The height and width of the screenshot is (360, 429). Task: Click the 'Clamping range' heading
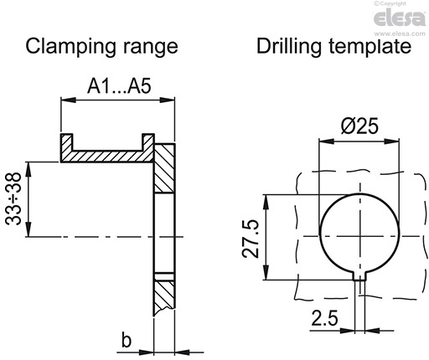click(101, 46)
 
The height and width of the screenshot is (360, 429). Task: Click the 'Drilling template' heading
click(333, 46)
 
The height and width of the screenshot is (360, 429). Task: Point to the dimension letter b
click(126, 340)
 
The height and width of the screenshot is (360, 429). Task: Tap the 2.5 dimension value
click(324, 319)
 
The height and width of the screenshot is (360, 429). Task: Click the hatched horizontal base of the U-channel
click(105, 157)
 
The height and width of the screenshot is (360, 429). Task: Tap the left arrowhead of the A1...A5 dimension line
click(63, 100)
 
